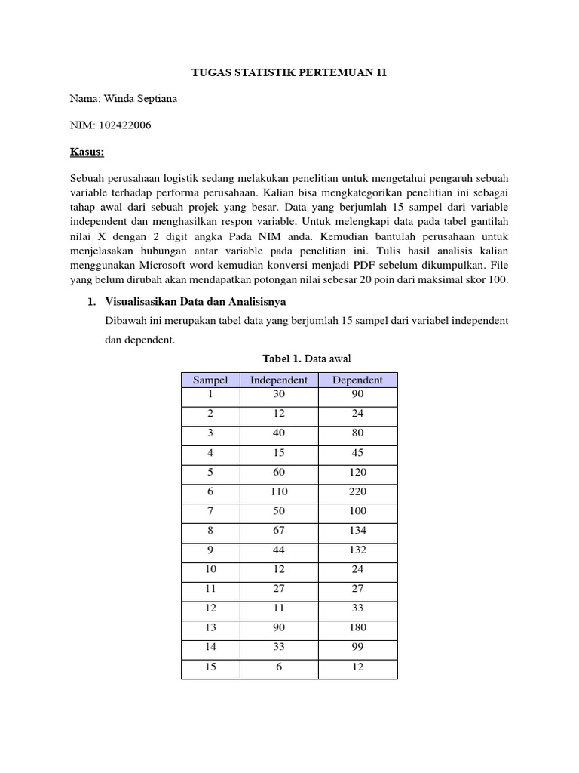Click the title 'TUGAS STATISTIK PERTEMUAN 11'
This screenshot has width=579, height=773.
289,73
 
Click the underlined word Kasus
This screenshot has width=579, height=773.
87,152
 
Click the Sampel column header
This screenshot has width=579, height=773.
210,380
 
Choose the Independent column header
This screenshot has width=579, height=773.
279,380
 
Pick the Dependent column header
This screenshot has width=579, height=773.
358,380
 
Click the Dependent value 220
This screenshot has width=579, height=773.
358,491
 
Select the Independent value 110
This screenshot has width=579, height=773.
279,491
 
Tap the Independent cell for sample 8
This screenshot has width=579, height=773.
279,531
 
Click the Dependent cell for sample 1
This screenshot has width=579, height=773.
358,394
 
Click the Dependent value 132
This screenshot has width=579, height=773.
358,550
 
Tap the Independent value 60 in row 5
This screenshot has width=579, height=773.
279,472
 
